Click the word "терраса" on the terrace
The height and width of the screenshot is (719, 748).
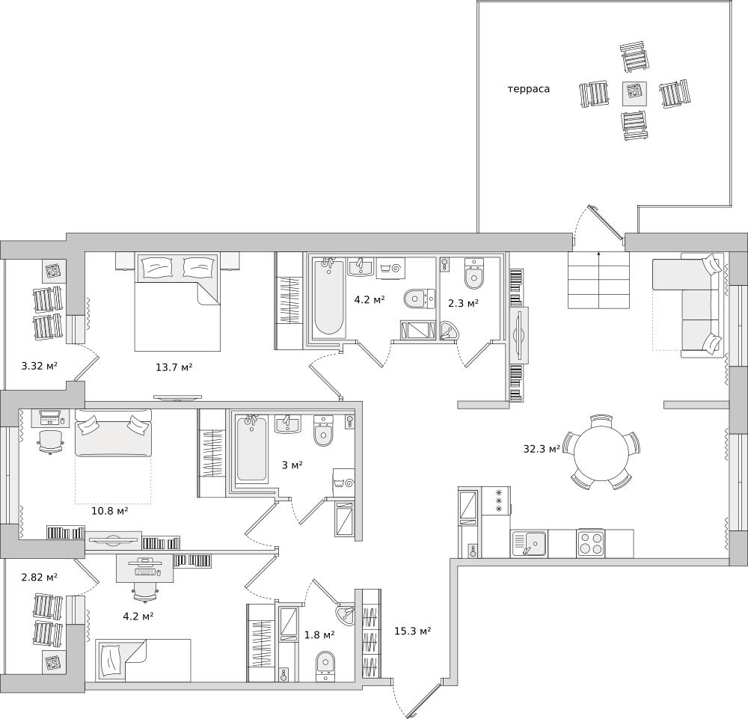click(529, 89)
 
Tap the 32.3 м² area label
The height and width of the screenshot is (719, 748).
click(542, 449)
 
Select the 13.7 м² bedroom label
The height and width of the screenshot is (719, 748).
click(174, 367)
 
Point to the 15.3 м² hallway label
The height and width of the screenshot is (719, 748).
click(413, 631)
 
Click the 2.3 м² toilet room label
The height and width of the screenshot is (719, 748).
click(463, 303)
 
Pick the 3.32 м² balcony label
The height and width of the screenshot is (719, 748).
click(40, 366)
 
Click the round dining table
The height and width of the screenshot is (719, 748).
click(601, 452)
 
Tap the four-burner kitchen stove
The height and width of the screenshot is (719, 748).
click(591, 543)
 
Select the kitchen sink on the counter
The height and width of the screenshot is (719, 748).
click(530, 544)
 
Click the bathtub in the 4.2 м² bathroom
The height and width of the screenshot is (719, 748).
click(329, 296)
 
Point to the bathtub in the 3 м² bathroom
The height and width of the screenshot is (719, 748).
click(252, 448)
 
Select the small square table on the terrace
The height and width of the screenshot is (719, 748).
click(635, 94)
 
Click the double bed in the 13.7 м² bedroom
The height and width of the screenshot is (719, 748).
click(177, 302)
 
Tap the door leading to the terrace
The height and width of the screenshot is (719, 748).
click(606, 223)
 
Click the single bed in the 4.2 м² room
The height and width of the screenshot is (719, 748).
click(143, 661)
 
